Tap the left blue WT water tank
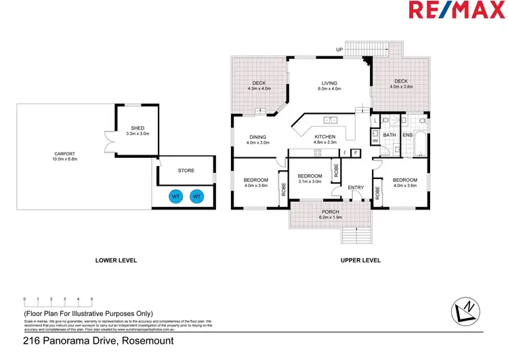pos(175,197)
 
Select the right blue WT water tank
pos(197,197)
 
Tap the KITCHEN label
pos(325,136)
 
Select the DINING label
pos(258,136)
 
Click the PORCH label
pos(331,212)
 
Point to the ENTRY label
pos(356,188)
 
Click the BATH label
pos(389,136)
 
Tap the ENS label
pos(407,136)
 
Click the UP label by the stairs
pos(339,49)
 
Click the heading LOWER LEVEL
pos(117,260)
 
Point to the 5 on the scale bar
pos(91,299)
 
